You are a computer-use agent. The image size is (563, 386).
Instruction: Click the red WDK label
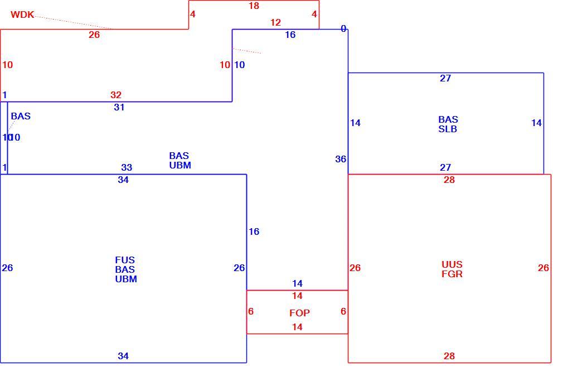click(x=22, y=15)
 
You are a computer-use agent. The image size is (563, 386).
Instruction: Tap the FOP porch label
click(x=299, y=313)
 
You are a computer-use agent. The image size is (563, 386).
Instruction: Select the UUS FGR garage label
click(x=452, y=269)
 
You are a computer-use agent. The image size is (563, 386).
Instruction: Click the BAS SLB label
click(x=448, y=124)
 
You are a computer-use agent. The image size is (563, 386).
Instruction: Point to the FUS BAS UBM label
click(x=126, y=269)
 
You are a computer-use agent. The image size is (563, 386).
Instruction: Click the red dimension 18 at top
click(x=254, y=6)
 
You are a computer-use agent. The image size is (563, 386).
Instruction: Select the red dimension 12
click(x=275, y=22)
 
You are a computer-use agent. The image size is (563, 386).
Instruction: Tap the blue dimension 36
click(x=341, y=159)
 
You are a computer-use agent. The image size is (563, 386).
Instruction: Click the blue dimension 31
click(x=119, y=107)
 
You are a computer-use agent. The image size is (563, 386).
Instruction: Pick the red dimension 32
click(x=116, y=95)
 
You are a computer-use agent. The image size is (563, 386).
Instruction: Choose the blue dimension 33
click(x=127, y=167)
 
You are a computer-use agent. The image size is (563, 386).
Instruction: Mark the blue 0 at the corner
click(x=343, y=29)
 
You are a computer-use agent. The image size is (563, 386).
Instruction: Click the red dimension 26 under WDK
click(x=94, y=35)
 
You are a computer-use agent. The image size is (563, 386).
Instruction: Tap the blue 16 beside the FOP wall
click(x=254, y=232)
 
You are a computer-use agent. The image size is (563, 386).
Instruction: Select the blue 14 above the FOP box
click(x=297, y=283)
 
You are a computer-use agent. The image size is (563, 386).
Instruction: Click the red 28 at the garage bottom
click(x=449, y=356)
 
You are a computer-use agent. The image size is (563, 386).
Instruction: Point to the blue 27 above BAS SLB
click(x=445, y=78)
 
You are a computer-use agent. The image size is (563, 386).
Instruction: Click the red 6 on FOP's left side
click(x=251, y=311)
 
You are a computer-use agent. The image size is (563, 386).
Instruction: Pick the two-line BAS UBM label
click(x=180, y=161)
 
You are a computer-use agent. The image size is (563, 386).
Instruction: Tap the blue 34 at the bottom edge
click(x=123, y=356)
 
